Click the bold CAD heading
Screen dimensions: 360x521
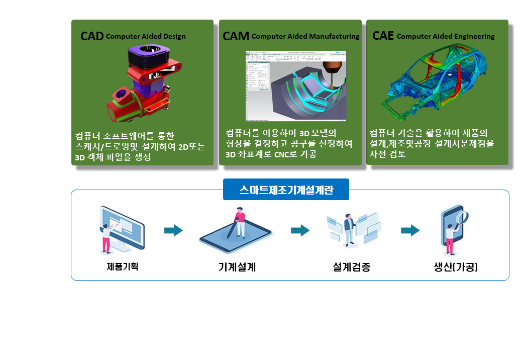(92, 36)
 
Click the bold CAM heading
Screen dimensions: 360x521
(236, 36)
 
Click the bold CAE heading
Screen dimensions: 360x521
(383, 36)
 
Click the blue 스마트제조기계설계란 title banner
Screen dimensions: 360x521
(286, 190)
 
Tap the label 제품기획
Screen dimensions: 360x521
(123, 266)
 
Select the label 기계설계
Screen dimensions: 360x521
(237, 267)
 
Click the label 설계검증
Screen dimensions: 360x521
(352, 267)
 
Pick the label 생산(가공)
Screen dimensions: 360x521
(455, 267)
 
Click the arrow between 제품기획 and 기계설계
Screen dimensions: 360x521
(173, 231)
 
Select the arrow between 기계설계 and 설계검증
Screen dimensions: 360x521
(300, 231)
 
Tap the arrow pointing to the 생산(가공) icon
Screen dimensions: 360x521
(410, 231)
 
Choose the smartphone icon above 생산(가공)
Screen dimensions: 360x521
(455, 229)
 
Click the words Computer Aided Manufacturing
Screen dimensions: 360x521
(305, 36)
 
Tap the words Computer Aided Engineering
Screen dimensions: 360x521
(446, 36)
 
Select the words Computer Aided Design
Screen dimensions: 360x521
(146, 36)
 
